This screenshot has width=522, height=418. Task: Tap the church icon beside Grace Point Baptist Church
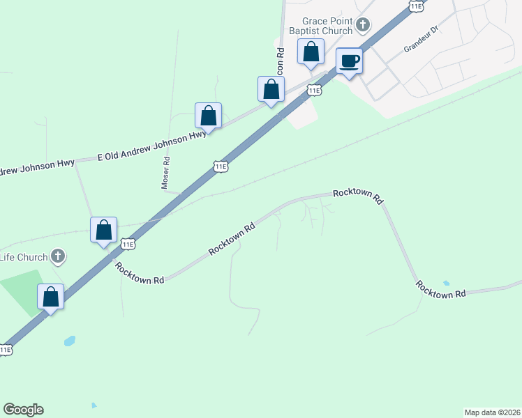pos(362,26)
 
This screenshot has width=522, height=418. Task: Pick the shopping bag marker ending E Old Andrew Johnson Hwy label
pos(208,115)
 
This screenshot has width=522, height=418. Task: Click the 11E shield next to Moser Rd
pos(220,167)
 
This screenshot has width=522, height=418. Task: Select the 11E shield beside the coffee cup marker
pos(314,90)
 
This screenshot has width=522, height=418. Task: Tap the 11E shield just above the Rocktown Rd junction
pos(127,244)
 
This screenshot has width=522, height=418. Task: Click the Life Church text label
pos(24,257)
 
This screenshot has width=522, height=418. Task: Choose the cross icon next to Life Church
pos(58,257)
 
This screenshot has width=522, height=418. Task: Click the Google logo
pos(23,410)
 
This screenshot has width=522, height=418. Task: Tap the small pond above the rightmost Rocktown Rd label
pos(446,284)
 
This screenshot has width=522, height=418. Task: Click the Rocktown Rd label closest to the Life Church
pos(140,272)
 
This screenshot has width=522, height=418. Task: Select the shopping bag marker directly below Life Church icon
pos(51,297)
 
